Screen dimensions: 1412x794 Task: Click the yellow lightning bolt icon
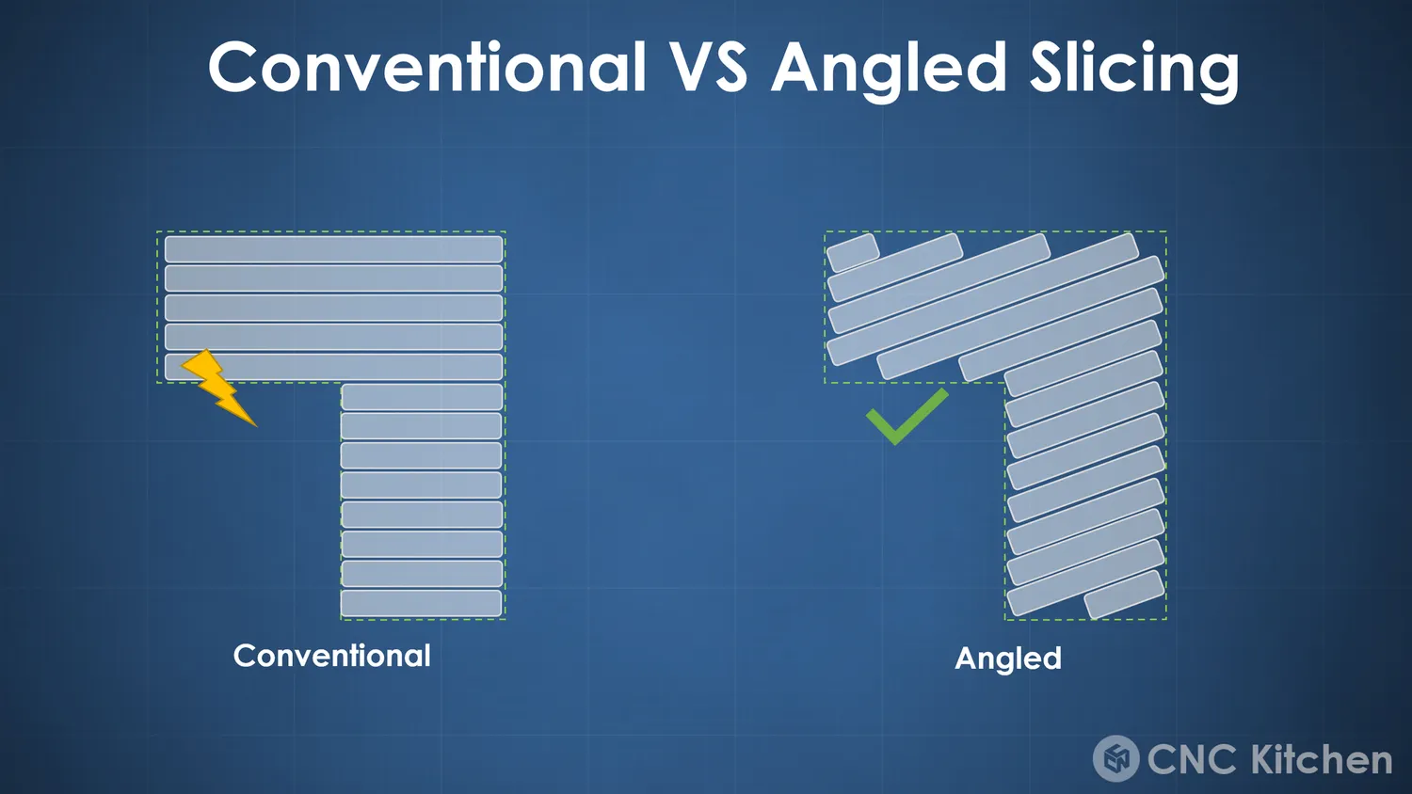point(217,387)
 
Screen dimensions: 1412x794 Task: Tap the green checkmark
point(907,417)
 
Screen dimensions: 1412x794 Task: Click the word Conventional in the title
point(427,67)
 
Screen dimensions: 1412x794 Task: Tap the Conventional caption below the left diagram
point(332,656)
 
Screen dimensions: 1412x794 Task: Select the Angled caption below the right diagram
point(1008,659)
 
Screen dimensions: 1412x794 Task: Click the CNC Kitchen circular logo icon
point(1115,758)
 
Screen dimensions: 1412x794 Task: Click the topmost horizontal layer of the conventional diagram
point(333,249)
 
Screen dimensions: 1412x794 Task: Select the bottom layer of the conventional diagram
point(421,604)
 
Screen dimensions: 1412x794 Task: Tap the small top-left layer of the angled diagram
point(853,253)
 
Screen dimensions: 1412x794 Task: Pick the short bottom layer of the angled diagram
point(1124,595)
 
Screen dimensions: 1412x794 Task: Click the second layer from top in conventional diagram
point(333,278)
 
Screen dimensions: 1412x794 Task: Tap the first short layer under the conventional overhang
point(421,397)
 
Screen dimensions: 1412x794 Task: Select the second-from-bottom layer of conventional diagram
point(421,574)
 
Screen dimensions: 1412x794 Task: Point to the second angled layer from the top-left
point(895,267)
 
